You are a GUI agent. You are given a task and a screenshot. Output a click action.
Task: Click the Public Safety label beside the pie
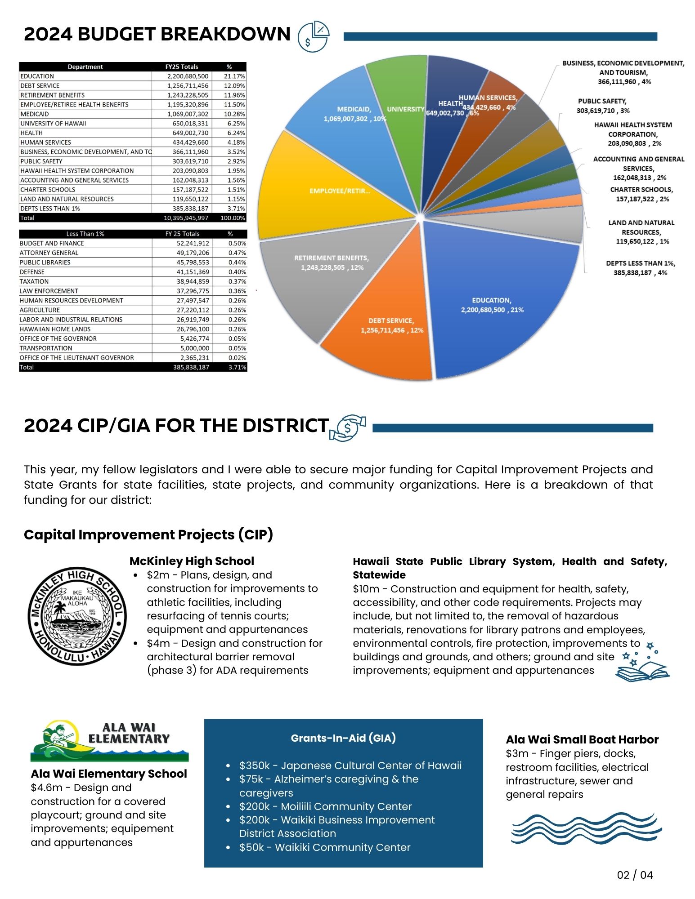point(602,106)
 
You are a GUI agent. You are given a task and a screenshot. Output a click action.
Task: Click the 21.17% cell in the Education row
point(234,76)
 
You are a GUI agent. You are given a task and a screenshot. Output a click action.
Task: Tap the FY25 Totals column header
point(182,67)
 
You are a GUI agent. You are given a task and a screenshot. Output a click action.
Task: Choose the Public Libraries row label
point(45,263)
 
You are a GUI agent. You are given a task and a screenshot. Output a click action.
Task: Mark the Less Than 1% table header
point(85,234)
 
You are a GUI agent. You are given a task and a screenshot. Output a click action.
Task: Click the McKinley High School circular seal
point(77,615)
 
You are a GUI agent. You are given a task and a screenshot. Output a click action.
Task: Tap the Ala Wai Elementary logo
point(109,741)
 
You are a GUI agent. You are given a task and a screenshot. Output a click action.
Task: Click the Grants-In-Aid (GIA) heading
point(343,738)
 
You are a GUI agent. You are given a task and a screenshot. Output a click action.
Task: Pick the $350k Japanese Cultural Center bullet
point(350,765)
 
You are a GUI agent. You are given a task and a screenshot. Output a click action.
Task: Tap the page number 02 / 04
point(635,875)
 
